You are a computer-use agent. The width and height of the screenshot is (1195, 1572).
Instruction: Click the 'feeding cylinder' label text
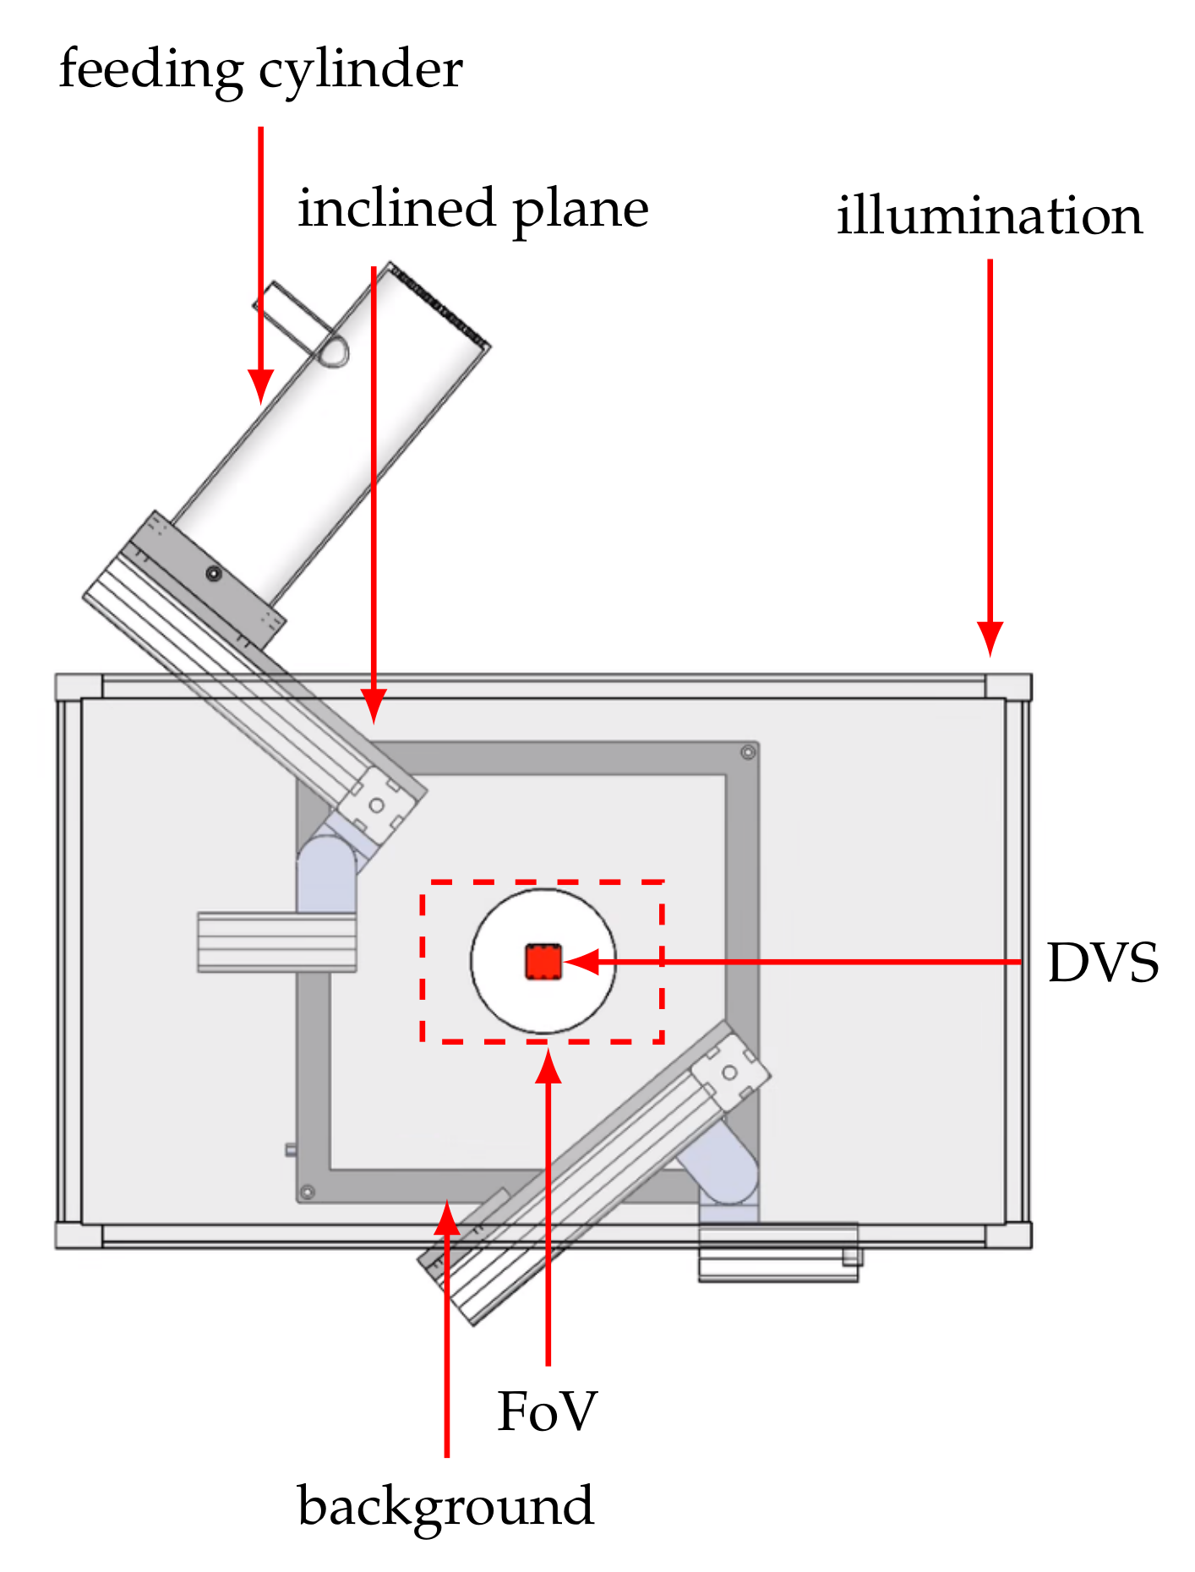260,70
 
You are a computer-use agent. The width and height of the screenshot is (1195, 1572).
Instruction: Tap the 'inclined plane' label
472,209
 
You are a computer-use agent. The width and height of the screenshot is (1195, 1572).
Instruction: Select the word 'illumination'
989,216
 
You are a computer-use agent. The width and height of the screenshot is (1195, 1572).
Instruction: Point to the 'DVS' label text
1102,963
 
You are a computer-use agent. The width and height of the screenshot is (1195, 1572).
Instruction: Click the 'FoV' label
547,1411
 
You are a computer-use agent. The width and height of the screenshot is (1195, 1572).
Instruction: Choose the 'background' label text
445,1507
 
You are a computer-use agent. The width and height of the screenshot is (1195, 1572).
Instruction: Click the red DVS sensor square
543,962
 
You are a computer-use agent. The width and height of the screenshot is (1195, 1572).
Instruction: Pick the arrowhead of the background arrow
447,1217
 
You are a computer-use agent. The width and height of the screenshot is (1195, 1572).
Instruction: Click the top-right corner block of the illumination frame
1008,686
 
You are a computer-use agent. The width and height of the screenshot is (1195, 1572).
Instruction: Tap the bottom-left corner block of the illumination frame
78,1235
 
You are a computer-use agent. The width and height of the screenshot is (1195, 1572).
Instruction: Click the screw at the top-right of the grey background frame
747,752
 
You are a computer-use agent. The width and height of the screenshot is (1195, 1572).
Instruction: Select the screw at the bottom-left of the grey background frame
308,1192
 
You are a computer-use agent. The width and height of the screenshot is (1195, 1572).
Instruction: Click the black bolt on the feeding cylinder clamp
214,574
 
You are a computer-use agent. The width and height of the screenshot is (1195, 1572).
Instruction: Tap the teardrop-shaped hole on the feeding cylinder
332,352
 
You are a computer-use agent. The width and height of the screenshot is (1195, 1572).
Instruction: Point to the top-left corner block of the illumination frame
78,686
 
